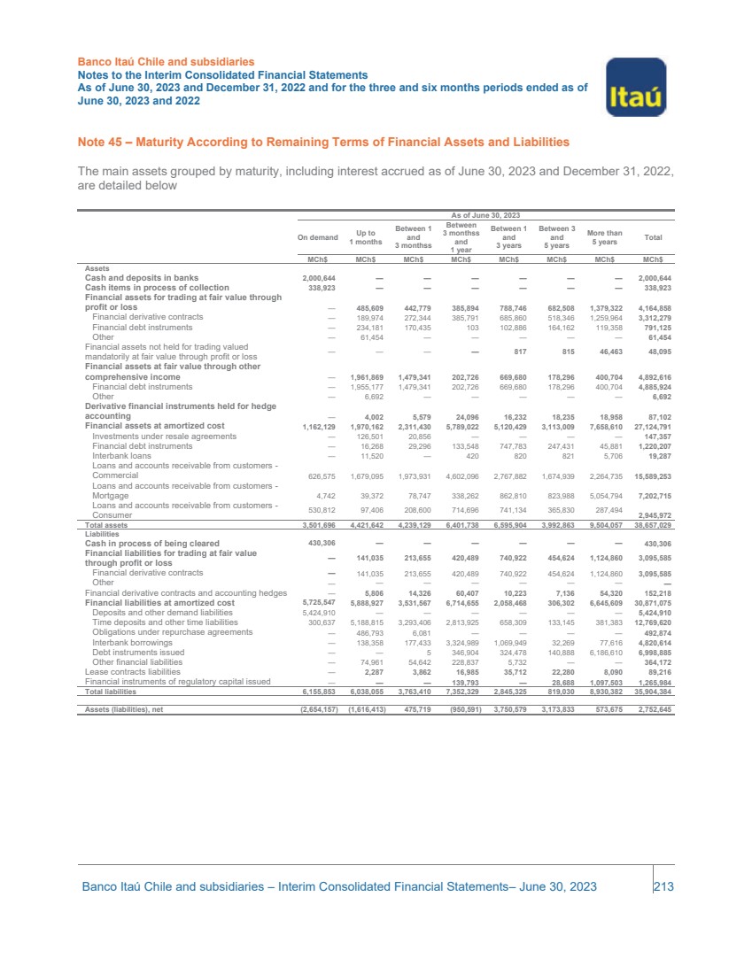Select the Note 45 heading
323,142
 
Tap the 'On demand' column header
317,237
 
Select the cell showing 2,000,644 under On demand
319,277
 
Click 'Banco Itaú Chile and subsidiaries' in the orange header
160,62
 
